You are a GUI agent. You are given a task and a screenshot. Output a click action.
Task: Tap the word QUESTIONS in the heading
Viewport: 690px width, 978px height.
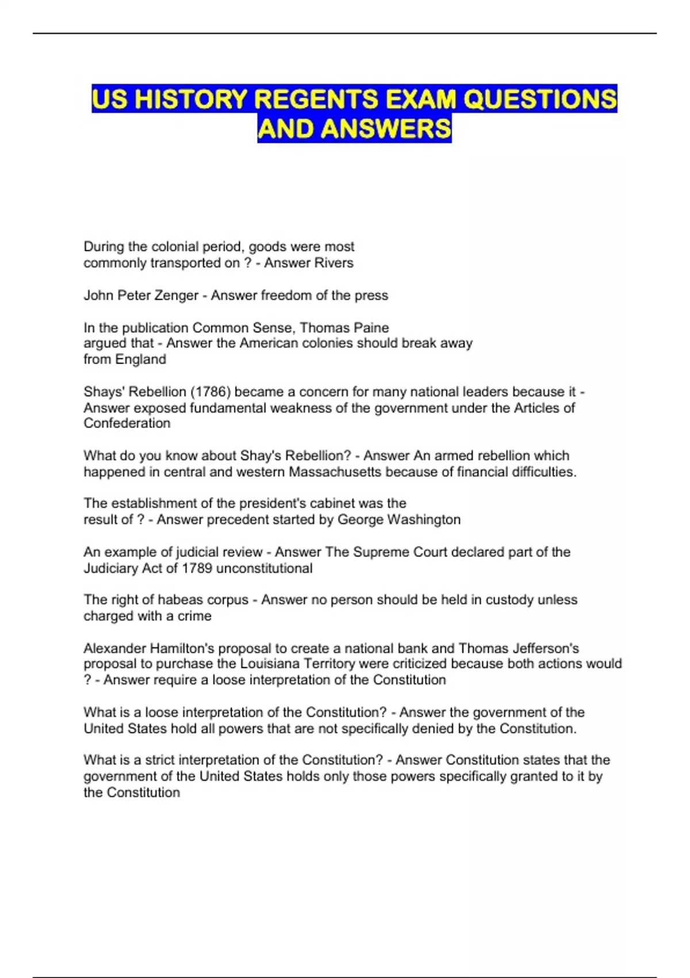pos(540,99)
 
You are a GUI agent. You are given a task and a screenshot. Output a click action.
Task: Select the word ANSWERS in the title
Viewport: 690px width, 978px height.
pos(386,128)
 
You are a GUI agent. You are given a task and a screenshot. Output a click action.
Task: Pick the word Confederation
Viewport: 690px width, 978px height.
pos(127,423)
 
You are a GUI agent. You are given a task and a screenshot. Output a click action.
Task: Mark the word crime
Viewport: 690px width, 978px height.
pos(195,616)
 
